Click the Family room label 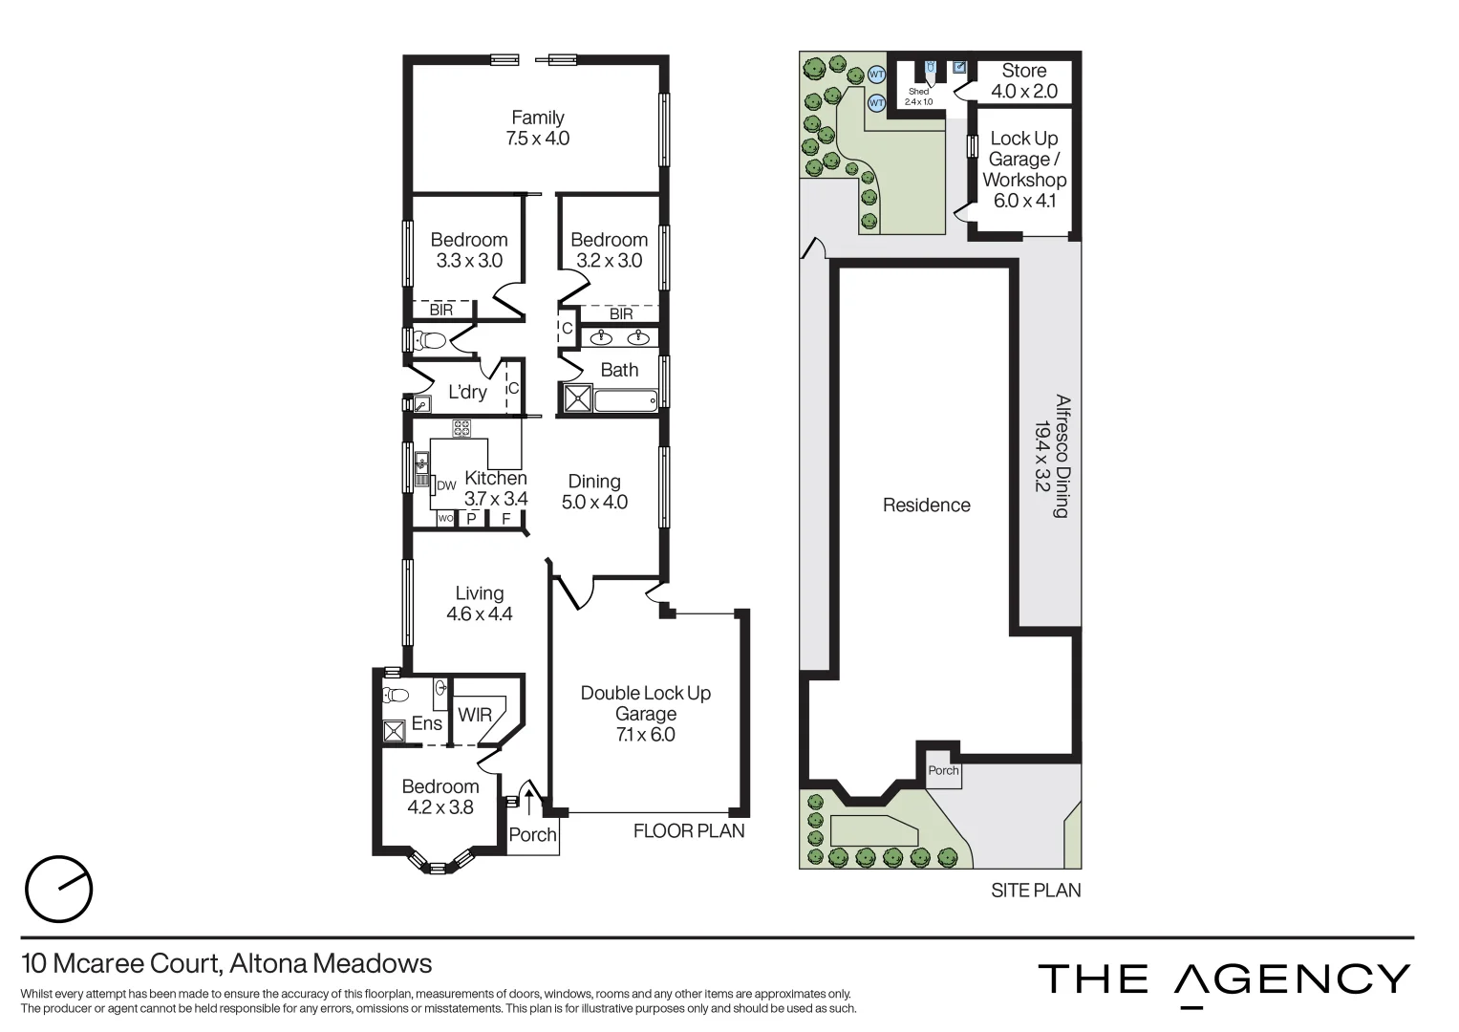pyautogui.click(x=537, y=128)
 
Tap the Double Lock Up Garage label pyautogui.click(x=646, y=713)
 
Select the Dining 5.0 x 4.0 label pyautogui.click(x=594, y=491)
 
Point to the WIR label pyautogui.click(x=475, y=715)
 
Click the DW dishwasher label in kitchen pyautogui.click(x=446, y=485)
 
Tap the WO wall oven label pyautogui.click(x=445, y=519)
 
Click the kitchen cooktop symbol pyautogui.click(x=461, y=428)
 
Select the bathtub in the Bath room pyautogui.click(x=625, y=398)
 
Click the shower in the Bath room pyautogui.click(x=576, y=398)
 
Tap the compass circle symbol pyautogui.click(x=58, y=890)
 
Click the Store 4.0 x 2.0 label pyautogui.click(x=1023, y=81)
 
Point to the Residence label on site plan pyautogui.click(x=926, y=505)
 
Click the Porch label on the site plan pyautogui.click(x=943, y=770)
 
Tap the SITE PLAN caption pyautogui.click(x=1036, y=891)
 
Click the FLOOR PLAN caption pyautogui.click(x=689, y=831)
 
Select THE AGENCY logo pyautogui.click(x=1224, y=980)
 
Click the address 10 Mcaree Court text pyautogui.click(x=226, y=963)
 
